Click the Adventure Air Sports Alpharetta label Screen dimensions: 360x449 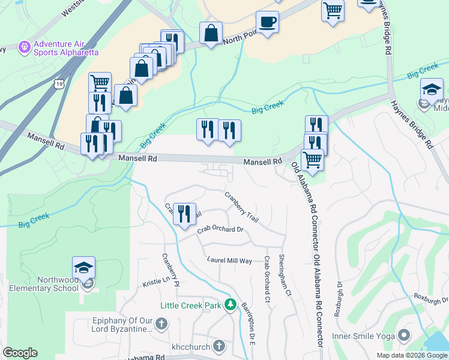click(66, 48)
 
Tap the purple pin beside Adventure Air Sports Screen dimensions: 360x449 click(25, 46)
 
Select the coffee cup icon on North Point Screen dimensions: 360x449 click(267, 22)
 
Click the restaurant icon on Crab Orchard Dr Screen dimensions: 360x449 click(184, 214)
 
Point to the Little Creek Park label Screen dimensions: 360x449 click(191, 305)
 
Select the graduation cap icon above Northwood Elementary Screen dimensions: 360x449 click(83, 267)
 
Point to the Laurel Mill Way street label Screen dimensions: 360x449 click(229, 260)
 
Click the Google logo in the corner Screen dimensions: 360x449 click(20, 353)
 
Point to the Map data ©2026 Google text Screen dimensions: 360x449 click(411, 355)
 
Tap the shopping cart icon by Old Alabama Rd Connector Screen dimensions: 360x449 click(312, 160)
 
